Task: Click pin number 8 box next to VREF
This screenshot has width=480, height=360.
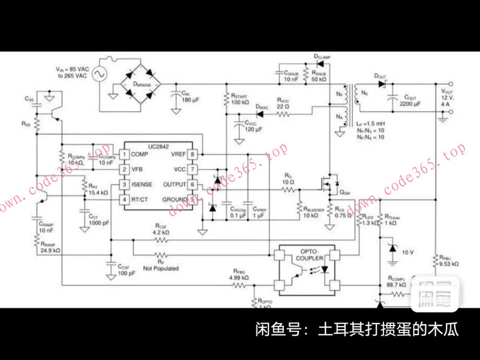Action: (192, 154)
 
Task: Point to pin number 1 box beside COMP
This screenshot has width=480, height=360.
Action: (123, 154)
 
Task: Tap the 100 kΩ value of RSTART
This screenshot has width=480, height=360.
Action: (240, 103)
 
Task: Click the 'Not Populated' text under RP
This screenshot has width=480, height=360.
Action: (160, 268)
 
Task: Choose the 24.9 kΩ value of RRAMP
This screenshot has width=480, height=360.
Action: (47, 250)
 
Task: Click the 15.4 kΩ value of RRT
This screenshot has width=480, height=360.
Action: (98, 192)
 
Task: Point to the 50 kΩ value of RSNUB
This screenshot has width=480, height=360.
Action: (319, 80)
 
